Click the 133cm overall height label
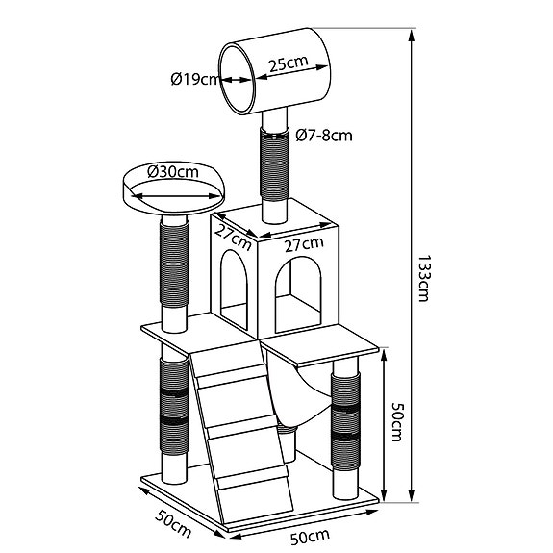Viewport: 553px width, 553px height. (423, 278)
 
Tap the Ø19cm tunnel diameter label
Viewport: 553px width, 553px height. (195, 79)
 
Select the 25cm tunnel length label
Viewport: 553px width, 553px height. (289, 63)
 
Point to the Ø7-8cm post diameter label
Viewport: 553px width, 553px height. (324, 135)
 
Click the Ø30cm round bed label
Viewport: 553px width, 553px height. (173, 172)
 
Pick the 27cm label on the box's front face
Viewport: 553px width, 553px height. (304, 244)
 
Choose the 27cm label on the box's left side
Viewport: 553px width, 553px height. (233, 237)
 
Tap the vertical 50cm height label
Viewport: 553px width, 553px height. (396, 423)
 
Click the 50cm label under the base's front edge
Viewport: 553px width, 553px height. (310, 537)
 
